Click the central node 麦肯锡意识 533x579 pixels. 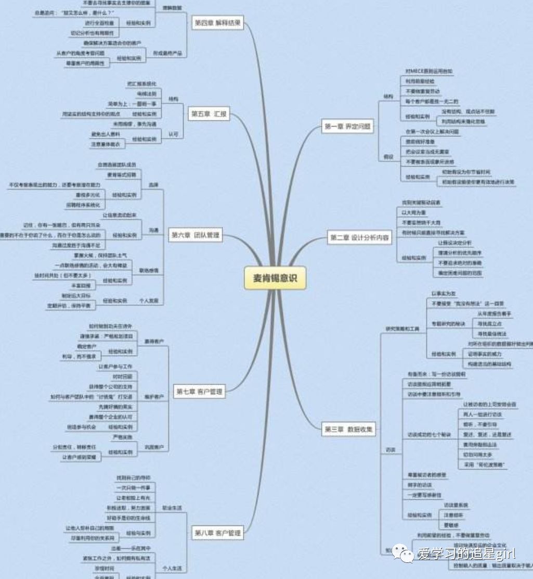click(275, 279)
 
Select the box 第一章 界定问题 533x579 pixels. click(348, 127)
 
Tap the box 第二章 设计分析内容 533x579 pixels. click(359, 237)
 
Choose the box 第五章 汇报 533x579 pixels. click(209, 114)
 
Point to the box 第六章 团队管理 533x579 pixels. click(195, 235)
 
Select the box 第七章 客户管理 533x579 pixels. click(198, 392)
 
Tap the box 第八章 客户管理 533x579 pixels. click(217, 533)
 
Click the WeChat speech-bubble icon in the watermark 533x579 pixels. click(404, 552)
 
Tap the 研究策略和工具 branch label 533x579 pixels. click(402, 329)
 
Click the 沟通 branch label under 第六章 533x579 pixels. click(154, 230)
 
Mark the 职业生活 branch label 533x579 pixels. click(172, 507)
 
